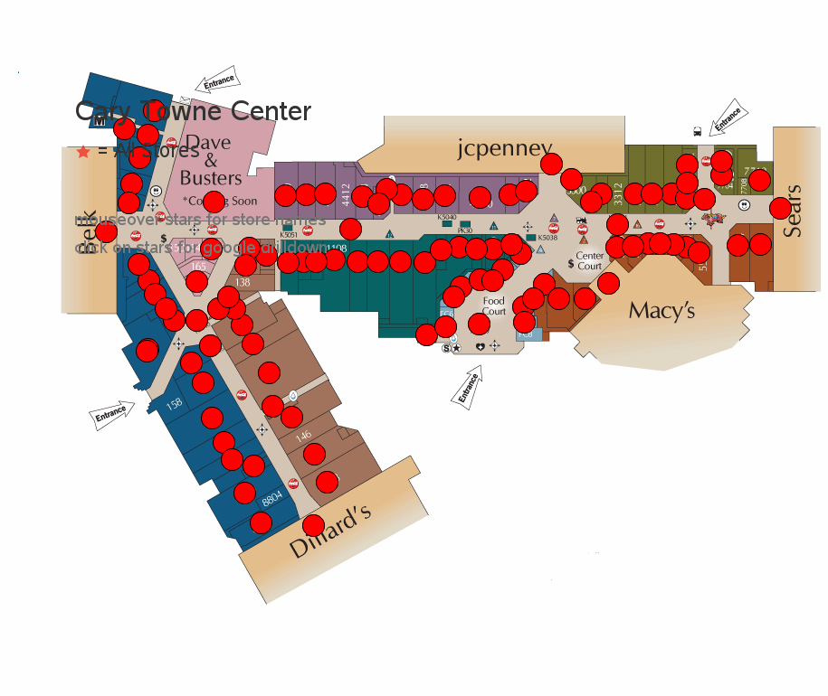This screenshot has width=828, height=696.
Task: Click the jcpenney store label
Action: (x=504, y=147)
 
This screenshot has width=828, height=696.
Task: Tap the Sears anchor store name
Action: (x=794, y=212)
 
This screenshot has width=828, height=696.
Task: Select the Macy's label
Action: (x=661, y=311)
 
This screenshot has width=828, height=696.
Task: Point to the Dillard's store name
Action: (x=330, y=533)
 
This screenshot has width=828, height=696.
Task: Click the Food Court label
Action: (x=494, y=306)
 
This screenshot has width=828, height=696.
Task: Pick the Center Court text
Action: (x=590, y=261)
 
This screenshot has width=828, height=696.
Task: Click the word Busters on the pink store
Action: (x=211, y=177)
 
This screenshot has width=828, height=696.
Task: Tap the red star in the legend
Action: (x=83, y=152)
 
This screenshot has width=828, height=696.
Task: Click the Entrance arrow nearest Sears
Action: (x=727, y=118)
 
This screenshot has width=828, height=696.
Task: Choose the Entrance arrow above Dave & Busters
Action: (x=218, y=81)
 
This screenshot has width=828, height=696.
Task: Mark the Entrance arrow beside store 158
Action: (x=112, y=414)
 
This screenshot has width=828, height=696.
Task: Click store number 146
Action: (x=303, y=437)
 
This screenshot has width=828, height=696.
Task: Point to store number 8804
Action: (x=272, y=497)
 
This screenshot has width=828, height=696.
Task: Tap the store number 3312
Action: (x=618, y=193)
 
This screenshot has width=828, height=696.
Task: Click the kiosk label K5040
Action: (x=447, y=217)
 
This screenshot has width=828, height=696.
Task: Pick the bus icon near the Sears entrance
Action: (x=697, y=130)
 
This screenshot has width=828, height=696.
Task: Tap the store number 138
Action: (x=243, y=282)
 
